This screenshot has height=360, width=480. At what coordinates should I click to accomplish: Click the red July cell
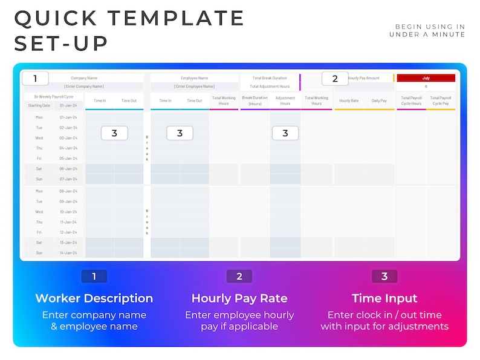(426, 78)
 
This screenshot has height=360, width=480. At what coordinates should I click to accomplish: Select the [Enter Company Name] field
(84, 87)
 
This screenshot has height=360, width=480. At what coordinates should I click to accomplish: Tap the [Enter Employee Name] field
(195, 87)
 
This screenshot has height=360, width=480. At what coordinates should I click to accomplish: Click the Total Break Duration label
(270, 78)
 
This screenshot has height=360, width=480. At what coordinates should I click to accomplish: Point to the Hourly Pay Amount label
(364, 78)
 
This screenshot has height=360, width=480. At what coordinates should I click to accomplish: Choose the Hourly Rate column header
(348, 101)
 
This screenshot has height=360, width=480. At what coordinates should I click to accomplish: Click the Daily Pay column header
(379, 101)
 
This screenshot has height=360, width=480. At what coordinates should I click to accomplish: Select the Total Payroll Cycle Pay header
(440, 100)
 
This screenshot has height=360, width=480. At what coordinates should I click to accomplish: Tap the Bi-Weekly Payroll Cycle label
(54, 96)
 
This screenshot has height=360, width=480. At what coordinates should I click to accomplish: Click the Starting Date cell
(39, 105)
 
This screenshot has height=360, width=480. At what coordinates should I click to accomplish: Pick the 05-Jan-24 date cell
(68, 159)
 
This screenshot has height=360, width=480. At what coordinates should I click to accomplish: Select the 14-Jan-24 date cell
(68, 253)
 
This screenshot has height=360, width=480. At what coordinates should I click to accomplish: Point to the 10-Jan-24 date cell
(68, 212)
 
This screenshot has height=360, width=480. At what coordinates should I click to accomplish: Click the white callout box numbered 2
(335, 79)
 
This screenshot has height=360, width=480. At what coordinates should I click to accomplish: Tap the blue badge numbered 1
(94, 277)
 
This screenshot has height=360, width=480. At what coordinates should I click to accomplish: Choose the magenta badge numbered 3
(384, 277)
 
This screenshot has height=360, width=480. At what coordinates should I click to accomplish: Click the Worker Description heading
(94, 298)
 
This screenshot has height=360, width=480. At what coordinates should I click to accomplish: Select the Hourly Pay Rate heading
(239, 298)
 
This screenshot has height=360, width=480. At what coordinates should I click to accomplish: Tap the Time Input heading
(384, 298)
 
